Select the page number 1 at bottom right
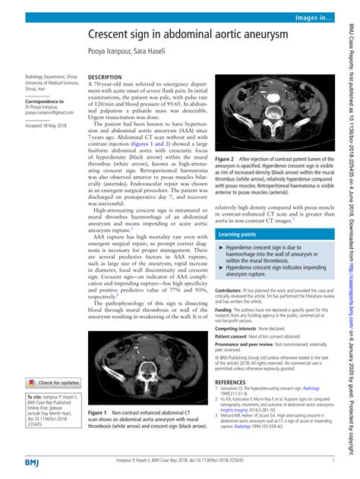click(333, 460)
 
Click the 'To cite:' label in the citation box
click(36, 398)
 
